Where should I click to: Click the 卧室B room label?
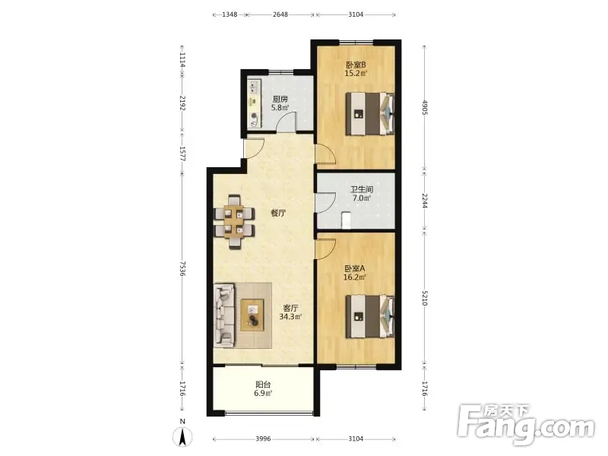[x=356, y=65]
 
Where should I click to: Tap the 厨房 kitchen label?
[x=280, y=100]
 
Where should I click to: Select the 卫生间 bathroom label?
[x=362, y=189]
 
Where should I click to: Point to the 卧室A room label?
[x=355, y=268]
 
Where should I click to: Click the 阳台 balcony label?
[x=263, y=385]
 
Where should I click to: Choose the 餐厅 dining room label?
[x=278, y=213]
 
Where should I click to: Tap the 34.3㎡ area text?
[x=291, y=317]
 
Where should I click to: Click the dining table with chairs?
[x=235, y=221]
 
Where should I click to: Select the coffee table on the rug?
[x=252, y=315]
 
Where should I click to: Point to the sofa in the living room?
[x=224, y=315]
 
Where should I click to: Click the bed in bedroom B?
[x=370, y=113]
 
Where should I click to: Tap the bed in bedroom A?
[x=370, y=316]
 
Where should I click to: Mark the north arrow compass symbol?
[x=182, y=436]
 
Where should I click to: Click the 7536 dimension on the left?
[x=182, y=269]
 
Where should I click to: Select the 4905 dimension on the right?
[x=425, y=107]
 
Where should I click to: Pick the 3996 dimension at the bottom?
[x=263, y=439]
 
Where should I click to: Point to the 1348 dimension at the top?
[x=230, y=14]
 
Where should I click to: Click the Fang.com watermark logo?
[x=526, y=425]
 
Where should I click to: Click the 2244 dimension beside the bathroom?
[x=425, y=201]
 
